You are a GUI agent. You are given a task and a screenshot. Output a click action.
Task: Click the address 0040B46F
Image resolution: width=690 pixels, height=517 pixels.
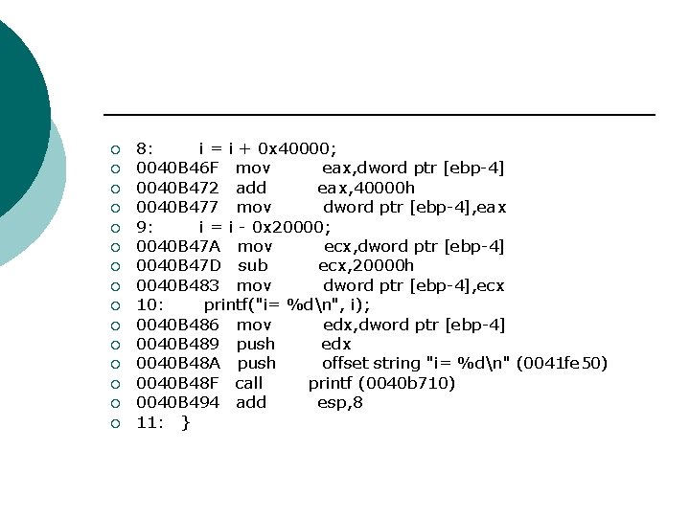click(177, 169)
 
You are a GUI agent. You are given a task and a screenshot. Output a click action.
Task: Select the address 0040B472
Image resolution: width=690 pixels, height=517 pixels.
click(177, 188)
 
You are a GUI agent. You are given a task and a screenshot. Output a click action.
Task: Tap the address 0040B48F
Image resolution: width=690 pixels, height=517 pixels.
click(177, 383)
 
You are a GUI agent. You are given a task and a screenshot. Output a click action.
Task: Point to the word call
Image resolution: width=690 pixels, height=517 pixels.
click(249, 383)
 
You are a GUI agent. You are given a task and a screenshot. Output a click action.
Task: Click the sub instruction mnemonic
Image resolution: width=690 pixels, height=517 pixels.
click(252, 265)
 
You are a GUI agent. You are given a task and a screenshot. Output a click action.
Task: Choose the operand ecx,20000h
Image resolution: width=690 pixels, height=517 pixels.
click(366, 265)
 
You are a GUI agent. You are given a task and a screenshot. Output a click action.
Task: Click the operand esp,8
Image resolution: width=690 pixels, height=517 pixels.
click(340, 402)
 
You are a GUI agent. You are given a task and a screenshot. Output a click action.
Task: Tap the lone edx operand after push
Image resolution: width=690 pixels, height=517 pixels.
click(336, 344)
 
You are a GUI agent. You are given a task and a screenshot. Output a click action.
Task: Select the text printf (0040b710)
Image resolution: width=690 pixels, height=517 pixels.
click(381, 383)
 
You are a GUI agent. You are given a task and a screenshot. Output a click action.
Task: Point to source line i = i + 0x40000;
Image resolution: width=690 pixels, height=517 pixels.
click(267, 148)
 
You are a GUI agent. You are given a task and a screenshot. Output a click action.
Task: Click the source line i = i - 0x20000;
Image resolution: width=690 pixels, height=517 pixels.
click(264, 227)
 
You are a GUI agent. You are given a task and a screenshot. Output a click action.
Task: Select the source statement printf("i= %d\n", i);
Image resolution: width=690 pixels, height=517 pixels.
click(287, 304)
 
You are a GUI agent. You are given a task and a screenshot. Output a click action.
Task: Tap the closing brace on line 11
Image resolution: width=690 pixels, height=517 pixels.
click(185, 422)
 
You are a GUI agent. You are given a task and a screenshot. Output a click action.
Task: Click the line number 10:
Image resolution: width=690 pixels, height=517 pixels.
click(150, 304)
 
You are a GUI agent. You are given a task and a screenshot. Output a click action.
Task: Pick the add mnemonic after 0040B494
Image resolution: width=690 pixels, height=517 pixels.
click(251, 402)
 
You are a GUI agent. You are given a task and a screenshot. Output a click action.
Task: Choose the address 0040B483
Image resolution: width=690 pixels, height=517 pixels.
click(177, 285)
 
